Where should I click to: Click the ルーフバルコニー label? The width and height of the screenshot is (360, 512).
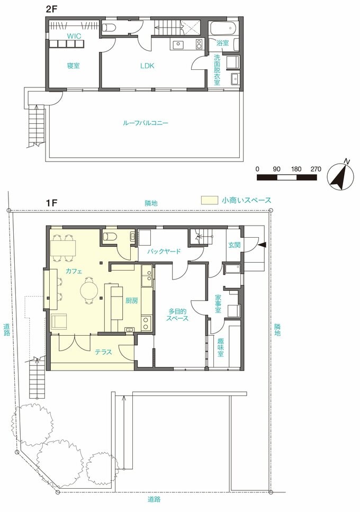tap(145, 123)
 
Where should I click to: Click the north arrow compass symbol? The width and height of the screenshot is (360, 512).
tap(339, 176)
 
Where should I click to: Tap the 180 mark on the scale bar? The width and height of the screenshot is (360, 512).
tap(296, 169)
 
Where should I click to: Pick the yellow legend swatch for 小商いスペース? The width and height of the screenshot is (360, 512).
tap(210, 201)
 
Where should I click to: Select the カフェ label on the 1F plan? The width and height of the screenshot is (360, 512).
tap(73, 270)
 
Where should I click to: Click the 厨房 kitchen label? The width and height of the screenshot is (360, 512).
tap(131, 301)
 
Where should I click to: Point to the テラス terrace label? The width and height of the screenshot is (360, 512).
tap(103, 352)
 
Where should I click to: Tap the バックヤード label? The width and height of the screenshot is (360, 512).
tap(165, 251)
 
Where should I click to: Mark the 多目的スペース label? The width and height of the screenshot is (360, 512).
tap(178, 315)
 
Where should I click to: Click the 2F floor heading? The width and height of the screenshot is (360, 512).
tap(52, 8)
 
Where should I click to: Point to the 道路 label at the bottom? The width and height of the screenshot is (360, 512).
tap(154, 499)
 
